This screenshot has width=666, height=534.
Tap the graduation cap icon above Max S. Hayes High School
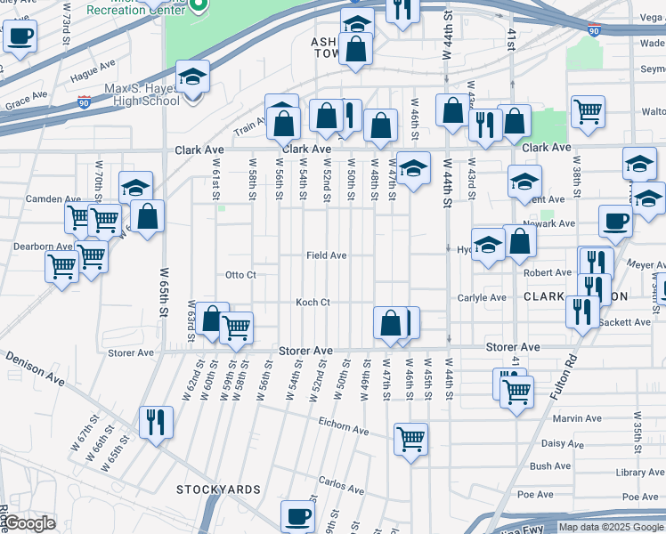coord(192,77)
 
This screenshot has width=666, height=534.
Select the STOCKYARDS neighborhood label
coord(218,489)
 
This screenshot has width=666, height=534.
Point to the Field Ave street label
coord(326,255)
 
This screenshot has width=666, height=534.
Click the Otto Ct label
coord(240,275)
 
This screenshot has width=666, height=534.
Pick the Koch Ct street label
coord(313,303)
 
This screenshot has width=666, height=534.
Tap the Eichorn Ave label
coord(343,431)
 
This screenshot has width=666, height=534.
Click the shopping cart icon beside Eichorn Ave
coord(410,438)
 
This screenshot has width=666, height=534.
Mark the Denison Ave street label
coord(35,368)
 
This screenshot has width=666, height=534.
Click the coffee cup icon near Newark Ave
coord(615,220)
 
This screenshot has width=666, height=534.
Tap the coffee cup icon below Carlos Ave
coord(297,515)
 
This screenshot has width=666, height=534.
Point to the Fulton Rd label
coord(562,361)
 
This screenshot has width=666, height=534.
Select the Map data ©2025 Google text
coord(609,527)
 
